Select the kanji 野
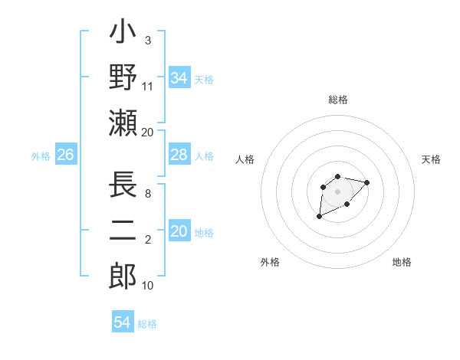click(123, 77)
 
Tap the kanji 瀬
click(123, 123)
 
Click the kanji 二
click(123, 231)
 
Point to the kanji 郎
click(123, 276)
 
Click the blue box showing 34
click(179, 78)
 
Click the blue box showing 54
click(123, 323)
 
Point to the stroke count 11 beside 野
click(148, 87)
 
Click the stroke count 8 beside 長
click(147, 195)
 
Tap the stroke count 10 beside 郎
click(148, 286)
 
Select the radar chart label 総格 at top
click(337, 100)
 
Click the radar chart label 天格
click(431, 159)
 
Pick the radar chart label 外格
click(270, 262)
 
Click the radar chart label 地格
click(402, 262)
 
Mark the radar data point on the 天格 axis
click(366, 182)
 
